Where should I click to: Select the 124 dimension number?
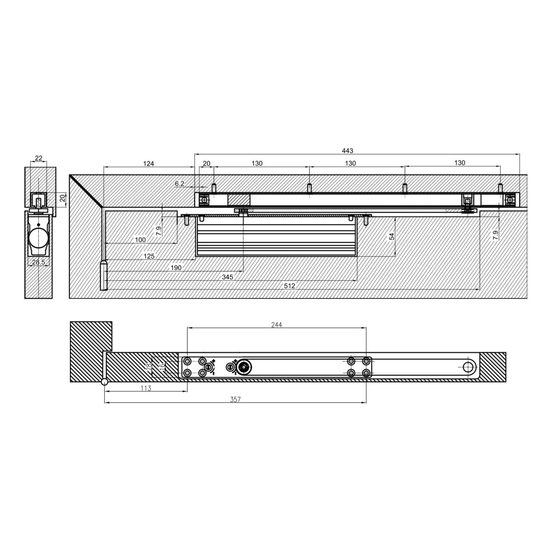click(x=148, y=163)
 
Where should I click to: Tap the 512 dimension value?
click(x=289, y=286)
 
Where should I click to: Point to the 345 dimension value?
click(x=227, y=277)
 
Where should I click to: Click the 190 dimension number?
click(x=176, y=268)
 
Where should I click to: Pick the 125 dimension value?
click(x=149, y=256)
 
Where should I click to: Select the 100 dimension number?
click(x=140, y=240)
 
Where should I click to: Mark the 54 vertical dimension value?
click(x=392, y=236)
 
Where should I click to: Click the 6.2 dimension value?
click(x=179, y=184)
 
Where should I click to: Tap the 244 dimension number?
click(x=276, y=324)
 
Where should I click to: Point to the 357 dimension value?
click(x=235, y=400)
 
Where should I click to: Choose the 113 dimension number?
click(x=145, y=388)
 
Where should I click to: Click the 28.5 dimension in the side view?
click(x=39, y=262)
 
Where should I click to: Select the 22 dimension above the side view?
click(x=39, y=158)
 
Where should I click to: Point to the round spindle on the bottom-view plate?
click(x=241, y=367)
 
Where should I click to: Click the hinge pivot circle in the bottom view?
click(x=105, y=382)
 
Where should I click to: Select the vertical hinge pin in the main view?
click(x=104, y=276)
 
